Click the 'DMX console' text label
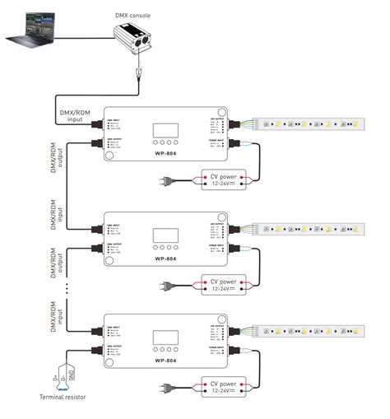(x=135, y=6)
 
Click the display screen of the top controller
(x=165, y=130)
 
